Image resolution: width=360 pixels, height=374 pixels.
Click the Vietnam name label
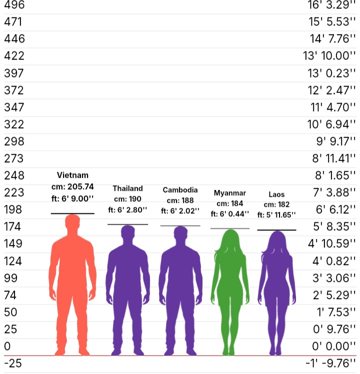coord(72,175)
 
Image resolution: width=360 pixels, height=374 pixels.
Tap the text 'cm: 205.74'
coord(72,187)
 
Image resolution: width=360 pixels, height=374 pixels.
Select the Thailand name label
coord(127,188)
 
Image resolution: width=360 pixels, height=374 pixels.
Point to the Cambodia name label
coord(180,190)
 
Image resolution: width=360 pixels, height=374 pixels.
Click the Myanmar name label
coord(230,193)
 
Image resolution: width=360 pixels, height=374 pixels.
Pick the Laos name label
coord(276,194)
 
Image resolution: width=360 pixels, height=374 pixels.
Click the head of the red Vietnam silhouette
coord(72,222)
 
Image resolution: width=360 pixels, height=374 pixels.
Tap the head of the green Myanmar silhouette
coord(230,238)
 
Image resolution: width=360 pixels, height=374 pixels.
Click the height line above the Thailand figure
coord(127,224)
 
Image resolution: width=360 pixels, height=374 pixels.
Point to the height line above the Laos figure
coord(276,230)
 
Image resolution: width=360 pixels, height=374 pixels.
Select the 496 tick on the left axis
coord(14,5)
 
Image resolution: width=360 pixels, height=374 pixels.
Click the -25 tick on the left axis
coord(13,363)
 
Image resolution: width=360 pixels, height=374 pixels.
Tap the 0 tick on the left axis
coord(7,346)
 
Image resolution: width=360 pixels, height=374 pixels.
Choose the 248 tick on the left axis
coord(14,175)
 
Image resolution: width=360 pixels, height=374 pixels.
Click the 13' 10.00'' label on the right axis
coord(329,56)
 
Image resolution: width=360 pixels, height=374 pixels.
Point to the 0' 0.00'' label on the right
coord(334,346)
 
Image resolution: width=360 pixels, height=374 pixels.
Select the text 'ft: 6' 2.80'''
coord(127,210)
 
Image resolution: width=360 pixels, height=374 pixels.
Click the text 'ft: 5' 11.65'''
coord(276,215)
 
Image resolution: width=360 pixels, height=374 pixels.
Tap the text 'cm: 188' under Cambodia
coord(180,200)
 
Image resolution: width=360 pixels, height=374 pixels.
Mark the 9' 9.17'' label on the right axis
coord(336,142)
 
